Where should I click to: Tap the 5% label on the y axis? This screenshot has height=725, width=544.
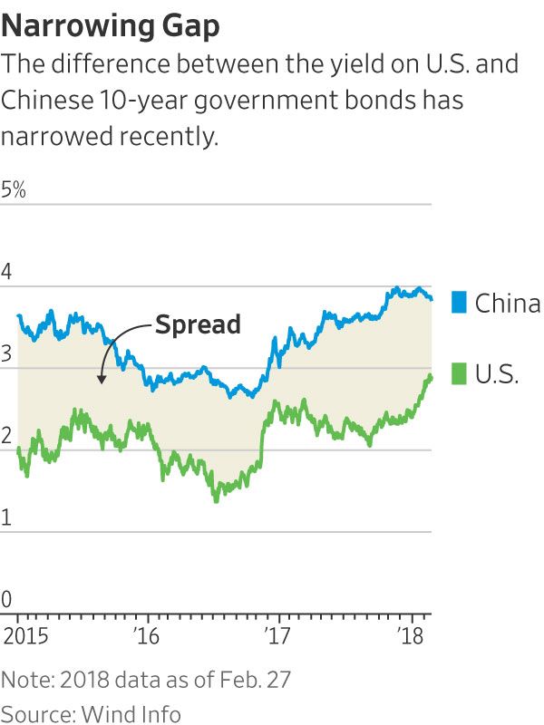(x=15, y=191)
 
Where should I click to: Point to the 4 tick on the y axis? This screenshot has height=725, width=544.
(x=9, y=272)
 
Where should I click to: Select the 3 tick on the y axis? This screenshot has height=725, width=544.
(x=9, y=354)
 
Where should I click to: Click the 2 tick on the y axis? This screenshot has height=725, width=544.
(x=9, y=436)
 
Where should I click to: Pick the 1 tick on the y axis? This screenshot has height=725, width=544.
(x=8, y=517)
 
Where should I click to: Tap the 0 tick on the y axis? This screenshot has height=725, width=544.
(x=9, y=599)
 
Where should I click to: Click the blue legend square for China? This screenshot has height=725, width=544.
(x=459, y=303)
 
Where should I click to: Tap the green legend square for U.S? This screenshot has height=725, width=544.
(x=459, y=373)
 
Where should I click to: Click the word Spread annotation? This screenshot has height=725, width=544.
(x=198, y=324)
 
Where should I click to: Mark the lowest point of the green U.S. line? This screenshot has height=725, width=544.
(x=216, y=500)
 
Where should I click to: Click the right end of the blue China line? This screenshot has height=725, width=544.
(x=432, y=299)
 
